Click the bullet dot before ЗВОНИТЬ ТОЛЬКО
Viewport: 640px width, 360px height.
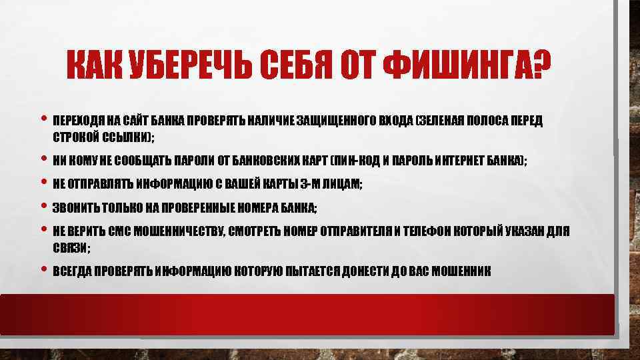point(44,205)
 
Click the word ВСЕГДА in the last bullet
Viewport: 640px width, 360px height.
point(73,272)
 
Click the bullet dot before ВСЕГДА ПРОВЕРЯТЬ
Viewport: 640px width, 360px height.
point(44,270)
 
